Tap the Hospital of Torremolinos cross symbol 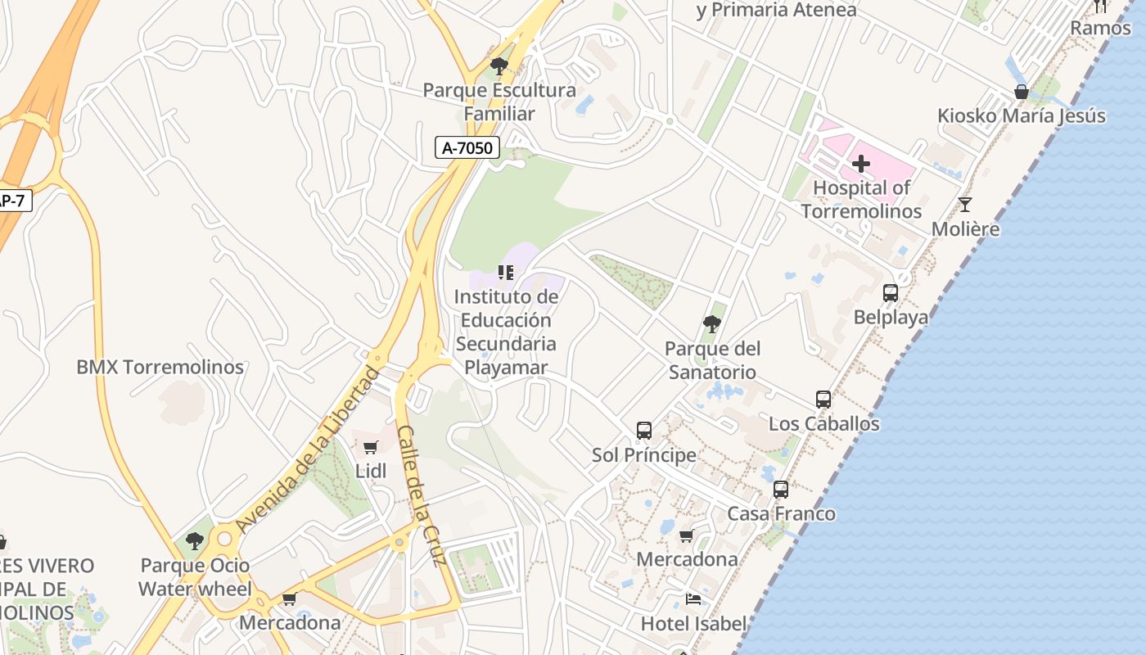point(860,164)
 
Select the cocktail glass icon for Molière point(965,205)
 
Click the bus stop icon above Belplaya point(891,292)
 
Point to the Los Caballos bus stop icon point(823,400)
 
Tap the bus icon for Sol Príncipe point(644,430)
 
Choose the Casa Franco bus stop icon point(781,490)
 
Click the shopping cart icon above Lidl point(370,447)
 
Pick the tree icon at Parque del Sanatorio point(712,324)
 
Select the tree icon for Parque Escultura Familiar point(499,65)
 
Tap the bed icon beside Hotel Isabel point(693,599)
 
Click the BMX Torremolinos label point(160,367)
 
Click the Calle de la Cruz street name point(422,495)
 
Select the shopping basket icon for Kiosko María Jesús point(1022,92)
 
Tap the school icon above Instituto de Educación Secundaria point(506,272)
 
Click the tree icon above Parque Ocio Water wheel point(194,540)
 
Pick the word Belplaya point(891,317)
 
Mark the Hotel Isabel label point(693,624)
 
